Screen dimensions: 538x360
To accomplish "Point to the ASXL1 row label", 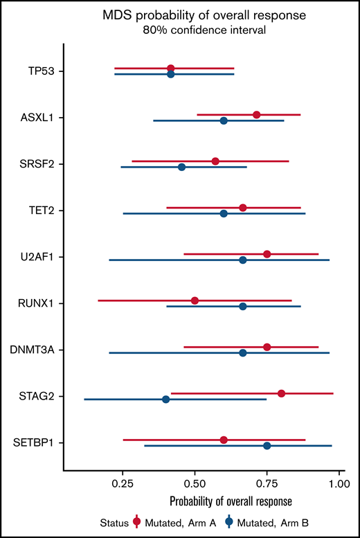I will click(39, 118).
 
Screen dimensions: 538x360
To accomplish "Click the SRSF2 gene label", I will click(39, 164).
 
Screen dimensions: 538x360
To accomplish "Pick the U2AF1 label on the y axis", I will click(39, 257).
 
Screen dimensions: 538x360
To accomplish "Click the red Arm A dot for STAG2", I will click(281, 393).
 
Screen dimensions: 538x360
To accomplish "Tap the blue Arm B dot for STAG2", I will click(165, 400).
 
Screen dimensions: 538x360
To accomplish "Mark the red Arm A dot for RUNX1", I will click(195, 301).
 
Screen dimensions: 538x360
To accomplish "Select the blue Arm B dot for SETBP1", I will click(267, 446).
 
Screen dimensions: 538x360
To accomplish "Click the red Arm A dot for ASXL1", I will click(257, 114).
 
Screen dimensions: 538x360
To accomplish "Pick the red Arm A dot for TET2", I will click(242, 208).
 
